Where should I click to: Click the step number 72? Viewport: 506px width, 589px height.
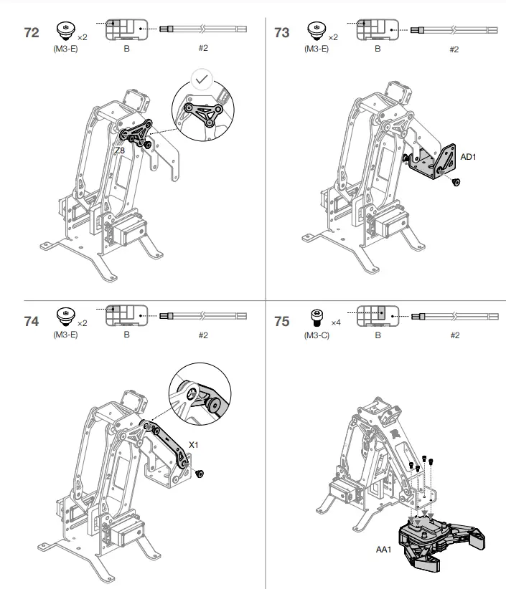coord(32,34)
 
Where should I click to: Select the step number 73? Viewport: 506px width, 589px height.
coord(282,34)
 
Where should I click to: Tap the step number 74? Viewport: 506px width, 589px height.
coord(32,322)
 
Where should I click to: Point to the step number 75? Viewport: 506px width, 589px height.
coord(282,322)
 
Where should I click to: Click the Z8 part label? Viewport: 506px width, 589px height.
coord(120,151)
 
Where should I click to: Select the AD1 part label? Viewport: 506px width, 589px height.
coord(469,156)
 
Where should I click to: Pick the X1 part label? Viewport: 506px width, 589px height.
coord(193,445)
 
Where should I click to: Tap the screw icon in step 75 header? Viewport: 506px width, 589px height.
coord(315,316)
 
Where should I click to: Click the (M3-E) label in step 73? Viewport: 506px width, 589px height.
coord(316,49)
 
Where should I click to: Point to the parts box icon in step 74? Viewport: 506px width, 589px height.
coord(126,315)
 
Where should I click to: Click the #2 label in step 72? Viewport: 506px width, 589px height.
coord(202,49)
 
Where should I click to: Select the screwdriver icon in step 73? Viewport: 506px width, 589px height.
coord(454,29)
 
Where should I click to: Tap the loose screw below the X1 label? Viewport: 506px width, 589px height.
coord(200,473)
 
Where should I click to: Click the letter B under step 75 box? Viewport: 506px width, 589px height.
coord(378,335)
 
